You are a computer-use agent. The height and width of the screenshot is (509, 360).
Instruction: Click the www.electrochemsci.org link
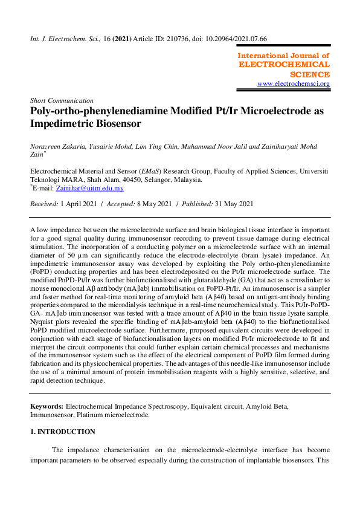[294, 83]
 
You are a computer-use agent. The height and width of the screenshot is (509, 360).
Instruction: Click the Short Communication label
[62, 100]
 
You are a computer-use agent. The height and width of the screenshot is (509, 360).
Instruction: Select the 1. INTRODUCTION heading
[63, 432]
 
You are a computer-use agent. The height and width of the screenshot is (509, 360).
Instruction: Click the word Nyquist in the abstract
[43, 340]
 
